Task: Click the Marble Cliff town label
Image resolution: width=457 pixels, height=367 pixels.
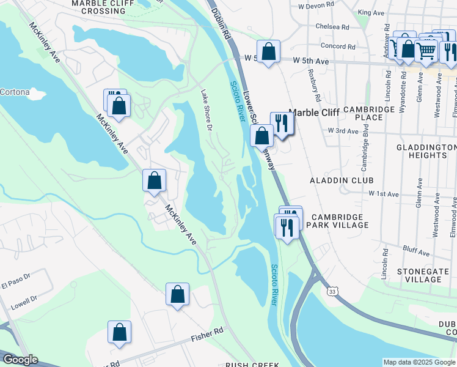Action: click(313, 113)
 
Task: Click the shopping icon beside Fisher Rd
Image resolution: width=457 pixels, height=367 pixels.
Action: click(120, 332)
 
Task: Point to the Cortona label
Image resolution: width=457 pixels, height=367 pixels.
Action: click(15, 92)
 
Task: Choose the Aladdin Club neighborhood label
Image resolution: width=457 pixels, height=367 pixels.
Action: click(337, 180)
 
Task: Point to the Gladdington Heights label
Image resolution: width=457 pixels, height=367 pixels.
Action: click(425, 151)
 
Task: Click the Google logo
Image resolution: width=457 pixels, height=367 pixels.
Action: click(20, 360)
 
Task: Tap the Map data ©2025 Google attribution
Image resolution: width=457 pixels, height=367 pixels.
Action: click(419, 362)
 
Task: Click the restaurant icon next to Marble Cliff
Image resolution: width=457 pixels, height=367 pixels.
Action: click(282, 123)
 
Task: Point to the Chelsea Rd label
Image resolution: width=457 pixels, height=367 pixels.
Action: click(332, 27)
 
